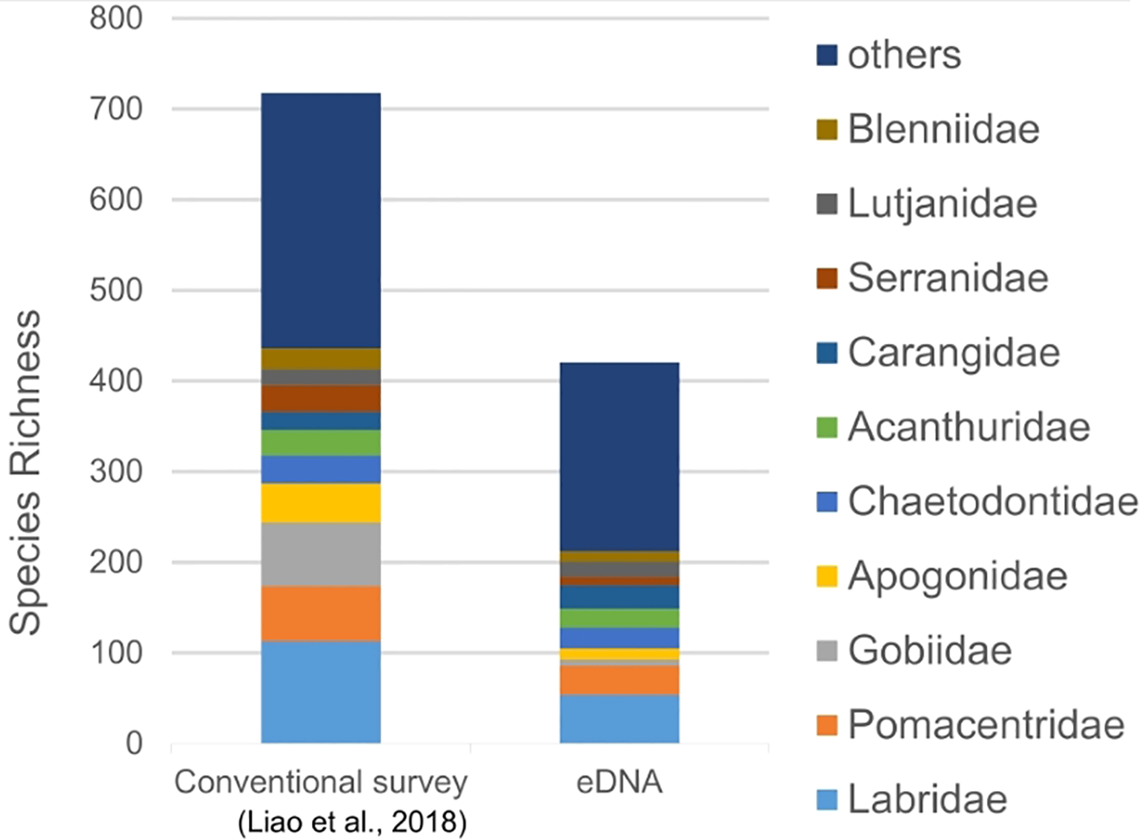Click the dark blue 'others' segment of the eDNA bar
[619, 457]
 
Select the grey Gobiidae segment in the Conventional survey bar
[321, 554]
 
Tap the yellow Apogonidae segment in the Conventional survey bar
[321, 502]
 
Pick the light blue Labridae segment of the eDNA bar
[619, 719]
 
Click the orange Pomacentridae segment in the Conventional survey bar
[321, 613]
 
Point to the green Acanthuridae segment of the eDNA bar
[619, 617]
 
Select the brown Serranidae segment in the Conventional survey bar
[321, 399]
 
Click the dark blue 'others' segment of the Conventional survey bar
[321, 220]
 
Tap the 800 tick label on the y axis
[116, 18]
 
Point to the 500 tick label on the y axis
[116, 290]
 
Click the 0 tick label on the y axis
[134, 744]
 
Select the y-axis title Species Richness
[26, 472]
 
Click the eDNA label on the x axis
[619, 782]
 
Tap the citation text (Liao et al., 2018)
[352, 822]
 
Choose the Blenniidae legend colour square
[826, 129]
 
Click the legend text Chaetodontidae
[992, 502]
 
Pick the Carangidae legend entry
[953, 353]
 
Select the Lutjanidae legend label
[942, 204]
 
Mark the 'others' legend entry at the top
[903, 55]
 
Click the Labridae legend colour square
[826, 800]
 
